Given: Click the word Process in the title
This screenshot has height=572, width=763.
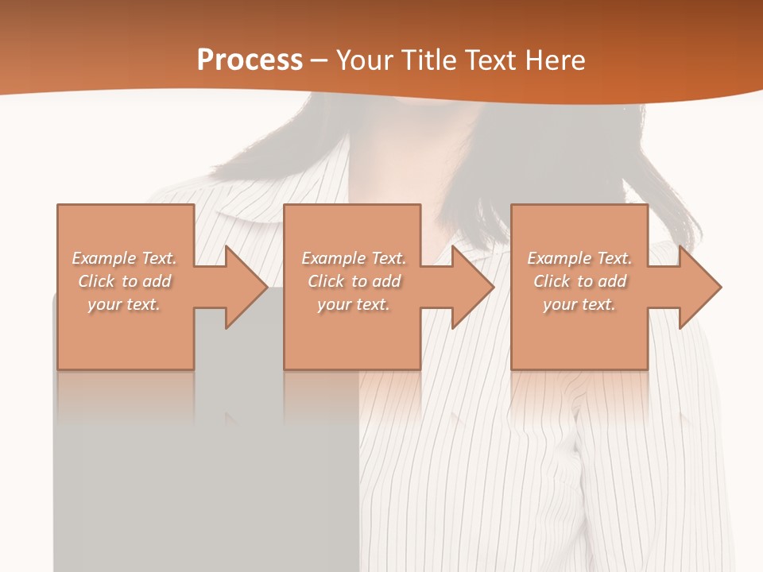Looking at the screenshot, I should pyautogui.click(x=250, y=60).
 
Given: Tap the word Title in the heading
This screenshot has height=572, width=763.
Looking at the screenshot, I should pyautogui.click(x=428, y=60).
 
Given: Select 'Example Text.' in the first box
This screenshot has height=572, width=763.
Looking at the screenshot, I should pyautogui.click(x=124, y=258).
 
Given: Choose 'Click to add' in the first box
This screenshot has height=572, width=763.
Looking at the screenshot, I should pyautogui.click(x=124, y=281).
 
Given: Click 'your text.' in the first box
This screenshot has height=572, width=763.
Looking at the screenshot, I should pyautogui.click(x=124, y=304).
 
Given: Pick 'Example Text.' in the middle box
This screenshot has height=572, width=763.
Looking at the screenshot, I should pyautogui.click(x=353, y=258).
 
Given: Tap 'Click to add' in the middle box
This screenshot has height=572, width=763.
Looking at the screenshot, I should pyautogui.click(x=353, y=281).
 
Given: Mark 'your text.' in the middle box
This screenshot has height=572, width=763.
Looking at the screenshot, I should pyautogui.click(x=353, y=304).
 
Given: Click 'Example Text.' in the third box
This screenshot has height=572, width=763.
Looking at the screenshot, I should pyautogui.click(x=579, y=258).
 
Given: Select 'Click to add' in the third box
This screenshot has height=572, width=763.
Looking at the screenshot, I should pyautogui.click(x=579, y=281).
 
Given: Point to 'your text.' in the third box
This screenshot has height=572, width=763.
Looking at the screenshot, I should pyautogui.click(x=579, y=304).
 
